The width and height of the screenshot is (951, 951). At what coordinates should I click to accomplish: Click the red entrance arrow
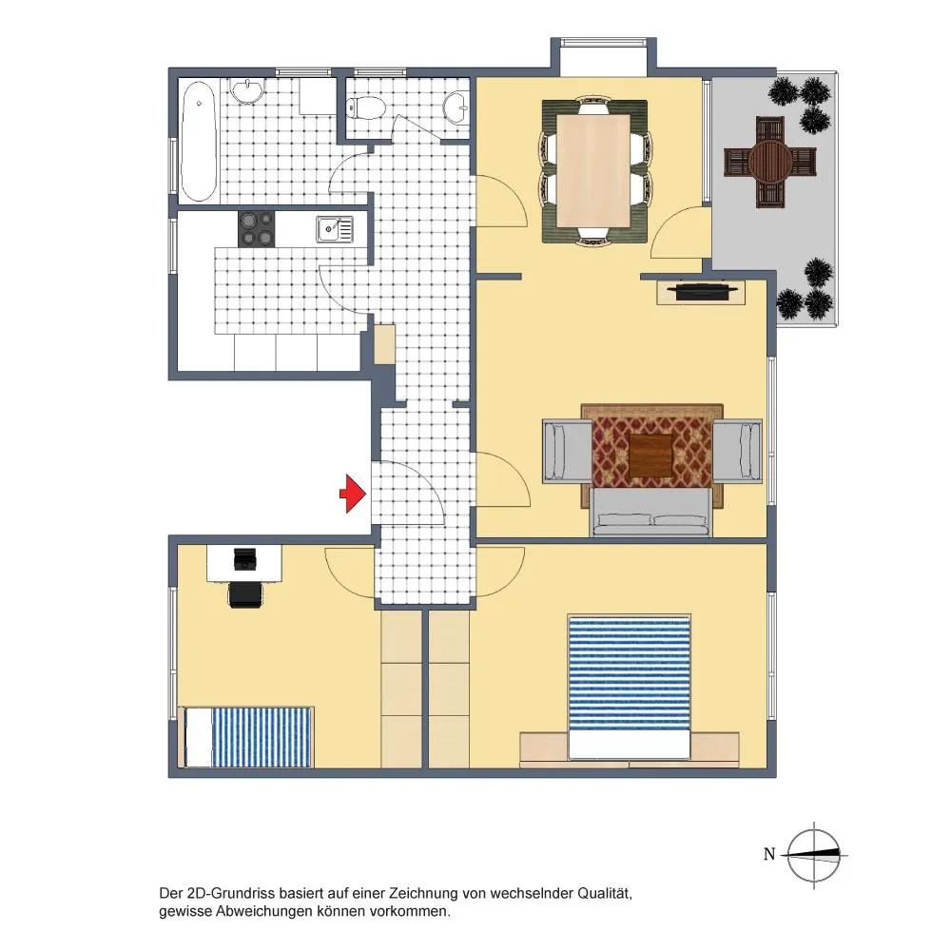tap(353, 494)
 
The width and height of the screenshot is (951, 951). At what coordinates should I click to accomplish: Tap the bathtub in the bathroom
tap(199, 142)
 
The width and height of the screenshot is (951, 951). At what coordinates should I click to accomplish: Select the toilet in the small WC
tap(366, 108)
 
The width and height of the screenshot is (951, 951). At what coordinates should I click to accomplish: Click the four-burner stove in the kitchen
tap(256, 228)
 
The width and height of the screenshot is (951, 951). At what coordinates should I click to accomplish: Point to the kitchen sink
tap(334, 229)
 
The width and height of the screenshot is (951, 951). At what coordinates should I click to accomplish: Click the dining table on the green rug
tap(593, 170)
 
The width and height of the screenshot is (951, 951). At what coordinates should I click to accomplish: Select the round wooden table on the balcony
tap(770, 162)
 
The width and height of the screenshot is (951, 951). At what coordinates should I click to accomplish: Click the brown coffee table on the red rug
tap(650, 455)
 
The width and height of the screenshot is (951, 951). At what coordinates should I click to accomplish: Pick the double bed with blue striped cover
tap(629, 687)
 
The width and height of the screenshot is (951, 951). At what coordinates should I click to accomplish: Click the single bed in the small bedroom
tap(247, 737)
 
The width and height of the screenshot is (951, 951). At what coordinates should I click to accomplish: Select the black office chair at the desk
tap(245, 594)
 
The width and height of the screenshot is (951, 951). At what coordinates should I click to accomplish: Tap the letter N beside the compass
tap(769, 854)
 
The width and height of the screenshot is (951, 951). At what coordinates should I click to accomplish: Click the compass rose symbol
tap(814, 855)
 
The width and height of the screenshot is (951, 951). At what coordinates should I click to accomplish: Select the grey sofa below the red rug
tap(650, 513)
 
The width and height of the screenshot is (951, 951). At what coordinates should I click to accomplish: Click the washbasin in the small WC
tap(456, 108)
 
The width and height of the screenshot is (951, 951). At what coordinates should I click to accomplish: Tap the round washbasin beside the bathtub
tap(247, 91)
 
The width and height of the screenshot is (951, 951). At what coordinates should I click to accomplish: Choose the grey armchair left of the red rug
tap(567, 451)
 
